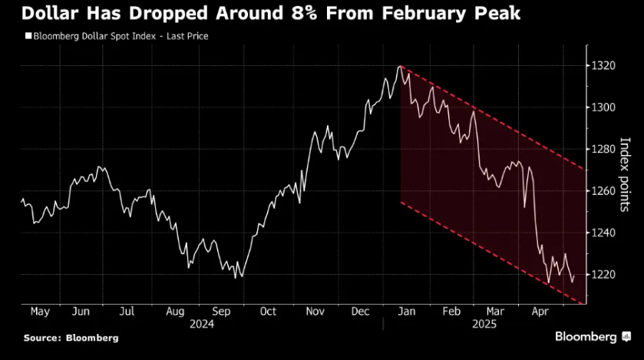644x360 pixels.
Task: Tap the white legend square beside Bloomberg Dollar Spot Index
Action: tap(28, 36)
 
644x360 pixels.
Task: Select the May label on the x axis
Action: tap(40, 312)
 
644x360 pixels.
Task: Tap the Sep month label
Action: tap(221, 312)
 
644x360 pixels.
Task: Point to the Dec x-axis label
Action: tap(361, 312)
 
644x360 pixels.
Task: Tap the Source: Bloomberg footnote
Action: tap(71, 338)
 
